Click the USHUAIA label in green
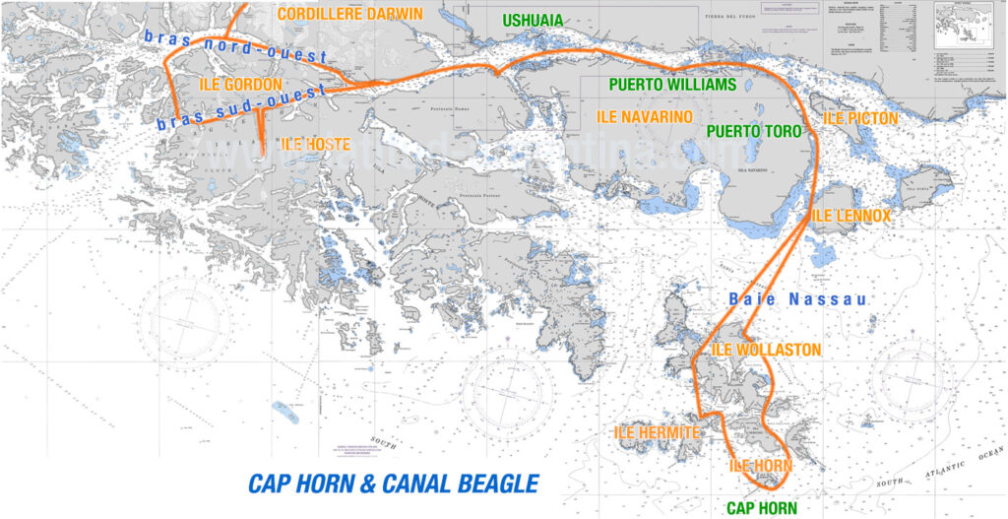(533, 21)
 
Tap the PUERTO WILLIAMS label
(672, 85)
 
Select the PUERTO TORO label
(753, 131)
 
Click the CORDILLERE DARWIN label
(349, 14)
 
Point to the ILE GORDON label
(241, 85)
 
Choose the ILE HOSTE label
(315, 144)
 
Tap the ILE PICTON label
(860, 118)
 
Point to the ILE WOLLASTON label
(765, 350)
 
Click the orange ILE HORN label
(760, 465)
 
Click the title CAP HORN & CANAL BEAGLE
(393, 484)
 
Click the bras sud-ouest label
(240, 109)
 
